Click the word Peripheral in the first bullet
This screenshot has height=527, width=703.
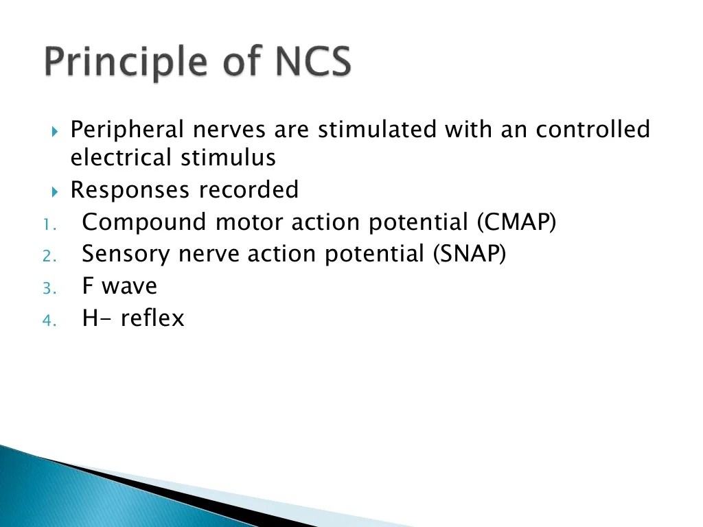coord(128,129)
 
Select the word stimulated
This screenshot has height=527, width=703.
coord(376,129)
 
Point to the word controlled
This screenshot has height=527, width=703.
coord(592,129)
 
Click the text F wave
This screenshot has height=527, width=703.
coord(119,285)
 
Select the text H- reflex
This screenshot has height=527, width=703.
coord(133,318)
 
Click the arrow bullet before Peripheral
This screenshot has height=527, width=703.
coord(56,130)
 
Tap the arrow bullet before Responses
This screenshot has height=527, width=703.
coord(56,191)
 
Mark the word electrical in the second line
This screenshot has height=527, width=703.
coord(121,158)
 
